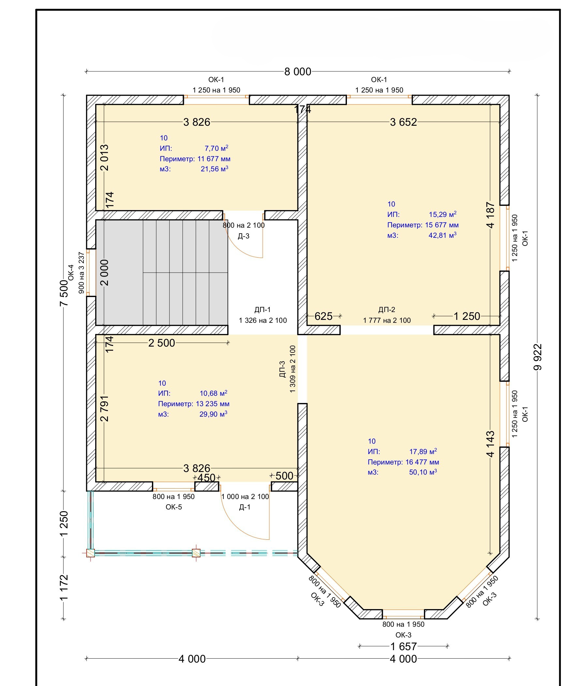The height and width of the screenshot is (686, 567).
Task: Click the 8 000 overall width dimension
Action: coord(298,71)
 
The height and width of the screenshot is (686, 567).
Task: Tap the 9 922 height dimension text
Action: coord(538,357)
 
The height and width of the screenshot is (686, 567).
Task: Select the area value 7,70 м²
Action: coord(216,148)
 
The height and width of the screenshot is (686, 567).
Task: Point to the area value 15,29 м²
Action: coord(442,214)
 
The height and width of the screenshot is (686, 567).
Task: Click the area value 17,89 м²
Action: coord(423,451)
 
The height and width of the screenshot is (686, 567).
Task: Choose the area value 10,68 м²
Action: coord(213,393)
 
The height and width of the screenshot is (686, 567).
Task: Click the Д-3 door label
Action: coord(244,236)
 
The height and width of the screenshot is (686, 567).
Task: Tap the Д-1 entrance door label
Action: coord(245,507)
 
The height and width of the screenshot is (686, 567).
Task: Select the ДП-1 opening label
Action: coord(262,309)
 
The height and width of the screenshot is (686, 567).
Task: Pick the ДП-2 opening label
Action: coord(387,309)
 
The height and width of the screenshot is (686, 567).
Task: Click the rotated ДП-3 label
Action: coord(282,369)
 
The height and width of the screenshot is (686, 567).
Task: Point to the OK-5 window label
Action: coord(174,507)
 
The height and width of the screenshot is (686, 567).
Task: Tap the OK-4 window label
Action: coord(71,273)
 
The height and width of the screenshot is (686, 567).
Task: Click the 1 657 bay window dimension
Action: coord(404,646)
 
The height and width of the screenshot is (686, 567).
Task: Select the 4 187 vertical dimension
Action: coord(490,215)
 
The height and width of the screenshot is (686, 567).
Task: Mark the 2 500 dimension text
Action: coord(162,343)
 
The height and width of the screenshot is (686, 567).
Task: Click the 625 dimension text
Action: coord(323,316)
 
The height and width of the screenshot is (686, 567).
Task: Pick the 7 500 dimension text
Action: coord(64,293)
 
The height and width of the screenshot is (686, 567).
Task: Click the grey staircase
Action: coord(162,273)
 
